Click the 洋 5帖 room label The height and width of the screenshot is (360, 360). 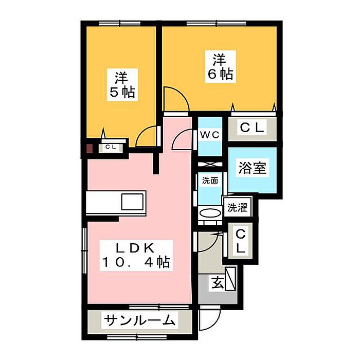pyautogui.click(x=122, y=85)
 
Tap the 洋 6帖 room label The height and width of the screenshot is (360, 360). pyautogui.click(x=221, y=66)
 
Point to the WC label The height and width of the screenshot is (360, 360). pyautogui.click(x=210, y=135)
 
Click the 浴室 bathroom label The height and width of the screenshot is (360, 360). pyautogui.click(x=253, y=168)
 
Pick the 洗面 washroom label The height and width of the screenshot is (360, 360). pyautogui.click(x=209, y=181)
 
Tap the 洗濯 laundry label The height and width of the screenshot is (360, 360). pyautogui.click(x=237, y=208)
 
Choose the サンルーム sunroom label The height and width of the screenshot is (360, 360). pyautogui.click(x=139, y=321)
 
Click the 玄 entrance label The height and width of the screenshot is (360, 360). pyautogui.click(x=216, y=282)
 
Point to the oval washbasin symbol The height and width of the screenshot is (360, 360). pyautogui.click(x=209, y=213)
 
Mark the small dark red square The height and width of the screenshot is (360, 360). pyautogui.click(x=89, y=149)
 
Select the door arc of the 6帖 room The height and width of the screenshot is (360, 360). pyautogui.click(x=174, y=97)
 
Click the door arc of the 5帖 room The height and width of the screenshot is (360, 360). pyautogui.click(x=147, y=136)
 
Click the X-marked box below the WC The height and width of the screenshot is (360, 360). pyautogui.click(x=210, y=166)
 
